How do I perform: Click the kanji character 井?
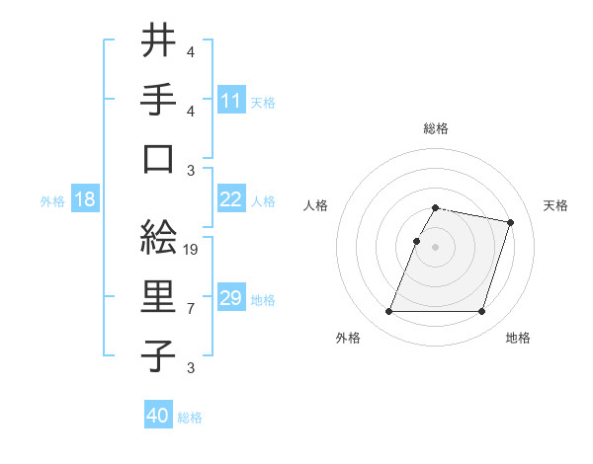pyautogui.click(x=159, y=40)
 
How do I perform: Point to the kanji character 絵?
pyautogui.click(x=159, y=237)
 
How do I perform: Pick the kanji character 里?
pyautogui.click(x=159, y=297)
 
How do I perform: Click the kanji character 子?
pyautogui.click(x=159, y=356)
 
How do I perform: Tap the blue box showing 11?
pyautogui.click(x=231, y=101)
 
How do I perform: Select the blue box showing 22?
pyautogui.click(x=231, y=199)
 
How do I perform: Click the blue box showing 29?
pyautogui.click(x=231, y=298)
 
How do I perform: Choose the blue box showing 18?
pyautogui.click(x=85, y=199)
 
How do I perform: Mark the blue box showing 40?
pyautogui.click(x=158, y=416)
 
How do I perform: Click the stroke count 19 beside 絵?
pyautogui.click(x=192, y=250)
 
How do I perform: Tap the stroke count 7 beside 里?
pyautogui.click(x=191, y=309)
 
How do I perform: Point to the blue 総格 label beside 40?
pyautogui.click(x=190, y=418)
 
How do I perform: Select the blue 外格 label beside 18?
pyautogui.click(x=52, y=201)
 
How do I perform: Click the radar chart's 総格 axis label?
pyautogui.click(x=436, y=128)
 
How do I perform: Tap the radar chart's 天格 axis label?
pyautogui.click(x=555, y=205)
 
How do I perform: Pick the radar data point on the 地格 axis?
pyautogui.click(x=482, y=312)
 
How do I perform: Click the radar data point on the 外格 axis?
pyautogui.click(x=389, y=312)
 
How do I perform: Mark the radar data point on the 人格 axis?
pyautogui.click(x=416, y=241)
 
